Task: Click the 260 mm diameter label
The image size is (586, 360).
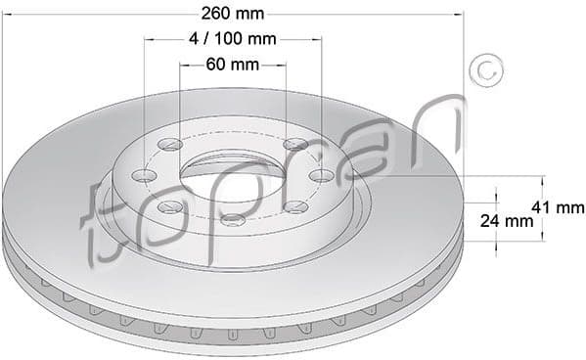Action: coord(233,14)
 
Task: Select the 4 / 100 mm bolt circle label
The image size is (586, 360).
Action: coord(233,40)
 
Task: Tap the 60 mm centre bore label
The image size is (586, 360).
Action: coord(233,65)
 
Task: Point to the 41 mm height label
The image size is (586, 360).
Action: coord(557,207)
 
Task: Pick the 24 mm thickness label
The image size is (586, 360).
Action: coord(508,222)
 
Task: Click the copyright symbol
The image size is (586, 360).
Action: coord(486,72)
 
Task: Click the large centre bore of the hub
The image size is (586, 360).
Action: coord(233,177)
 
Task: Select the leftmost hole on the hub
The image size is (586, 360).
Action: coord(145,176)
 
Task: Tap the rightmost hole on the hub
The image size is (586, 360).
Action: coord(322,175)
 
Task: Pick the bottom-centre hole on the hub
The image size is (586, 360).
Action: coord(232,220)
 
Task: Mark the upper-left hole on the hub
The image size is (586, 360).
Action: coord(169,147)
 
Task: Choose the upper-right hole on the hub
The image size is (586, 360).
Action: coord(296,146)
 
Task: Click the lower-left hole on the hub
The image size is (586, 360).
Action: coord(169,206)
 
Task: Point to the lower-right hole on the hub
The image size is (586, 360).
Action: coord(295,206)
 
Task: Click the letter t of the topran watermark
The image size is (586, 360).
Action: coord(102,220)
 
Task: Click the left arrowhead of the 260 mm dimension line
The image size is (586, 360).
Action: coord(5,14)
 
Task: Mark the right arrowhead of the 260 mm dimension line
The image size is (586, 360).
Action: coord(460,14)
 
